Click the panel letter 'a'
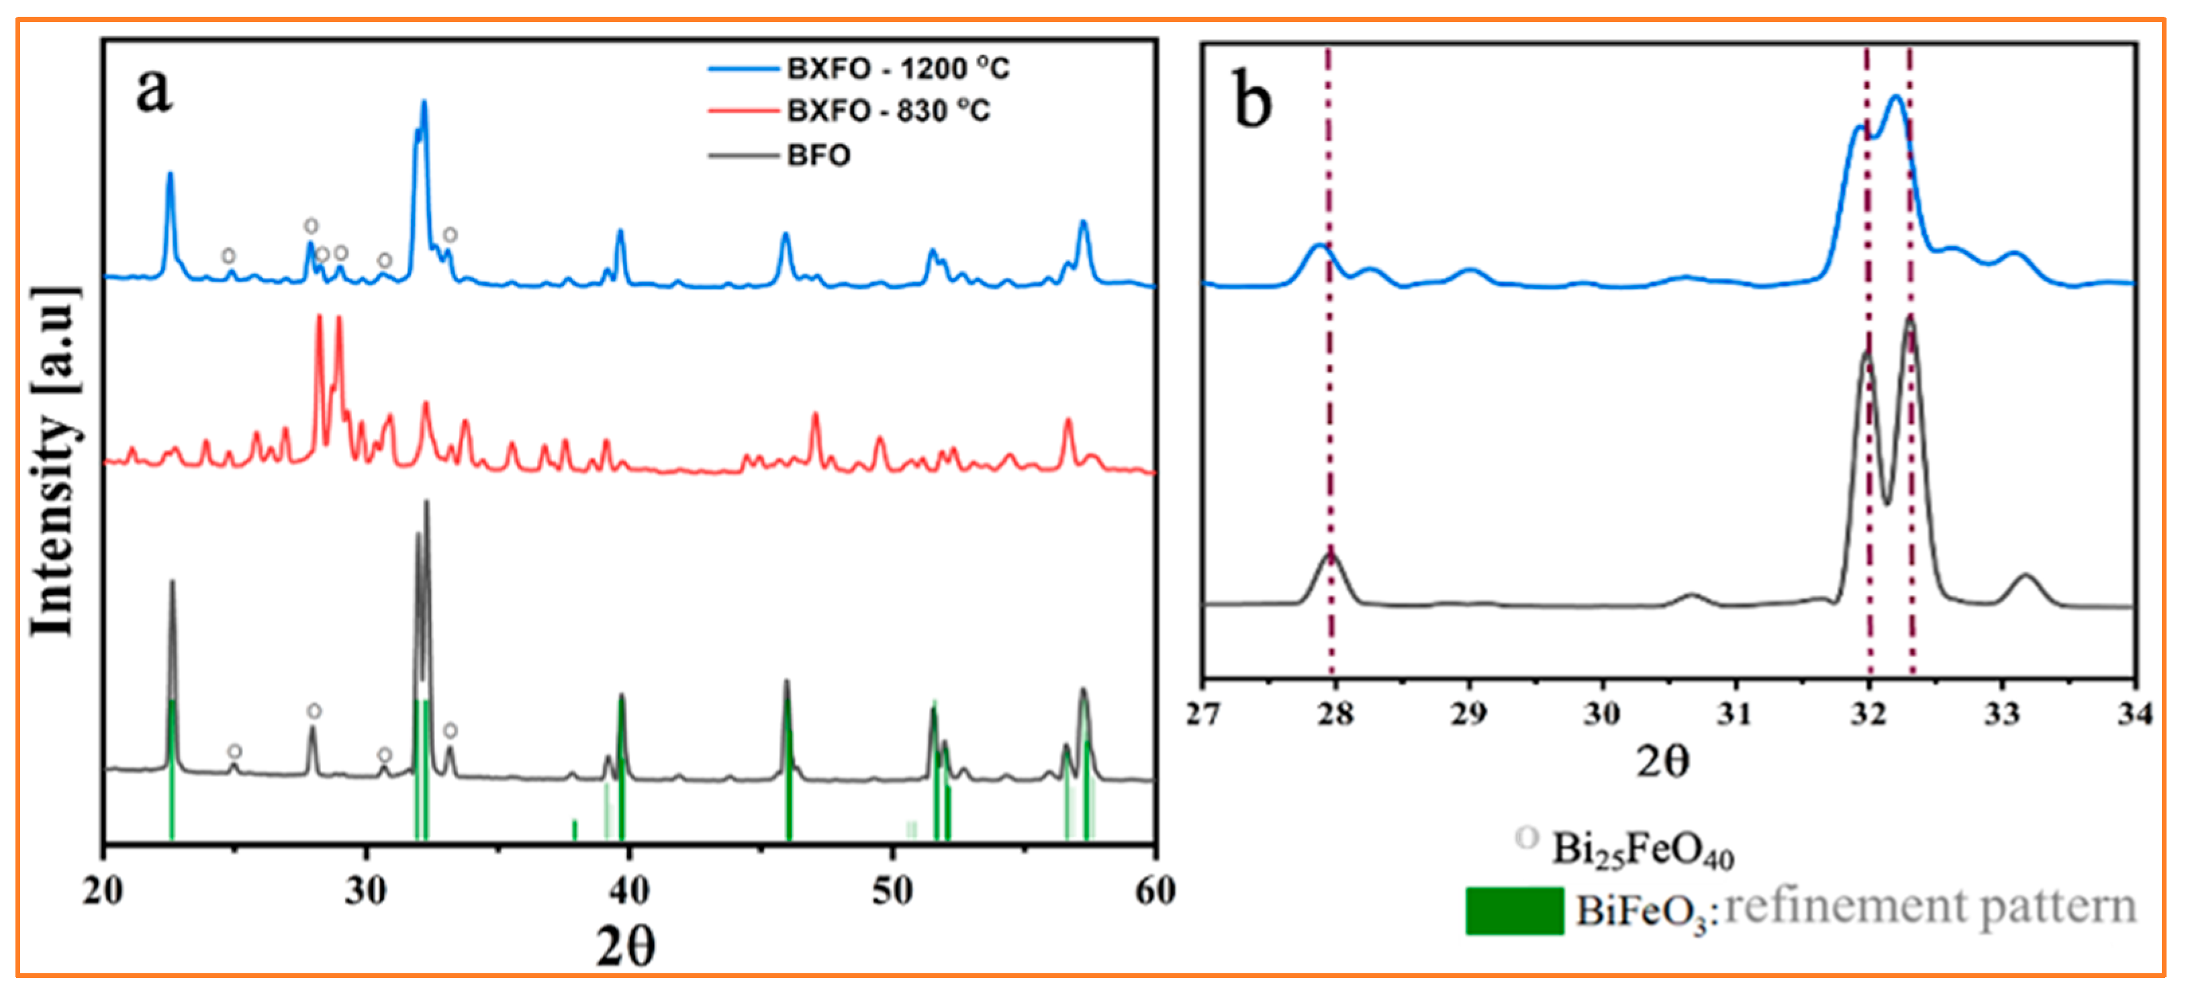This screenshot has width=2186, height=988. [154, 89]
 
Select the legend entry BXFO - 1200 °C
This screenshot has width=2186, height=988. [897, 69]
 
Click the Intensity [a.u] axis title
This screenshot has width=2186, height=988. [54, 463]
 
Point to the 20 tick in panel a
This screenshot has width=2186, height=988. [103, 891]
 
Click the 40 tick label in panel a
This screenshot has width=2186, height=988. [629, 891]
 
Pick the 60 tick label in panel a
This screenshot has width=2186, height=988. [1154, 891]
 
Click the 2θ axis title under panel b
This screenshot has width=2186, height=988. [1662, 762]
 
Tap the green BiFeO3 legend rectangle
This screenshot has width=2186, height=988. [1514, 911]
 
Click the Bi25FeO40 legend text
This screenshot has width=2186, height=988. [1642, 849]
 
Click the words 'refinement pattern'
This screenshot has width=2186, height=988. [1931, 907]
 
